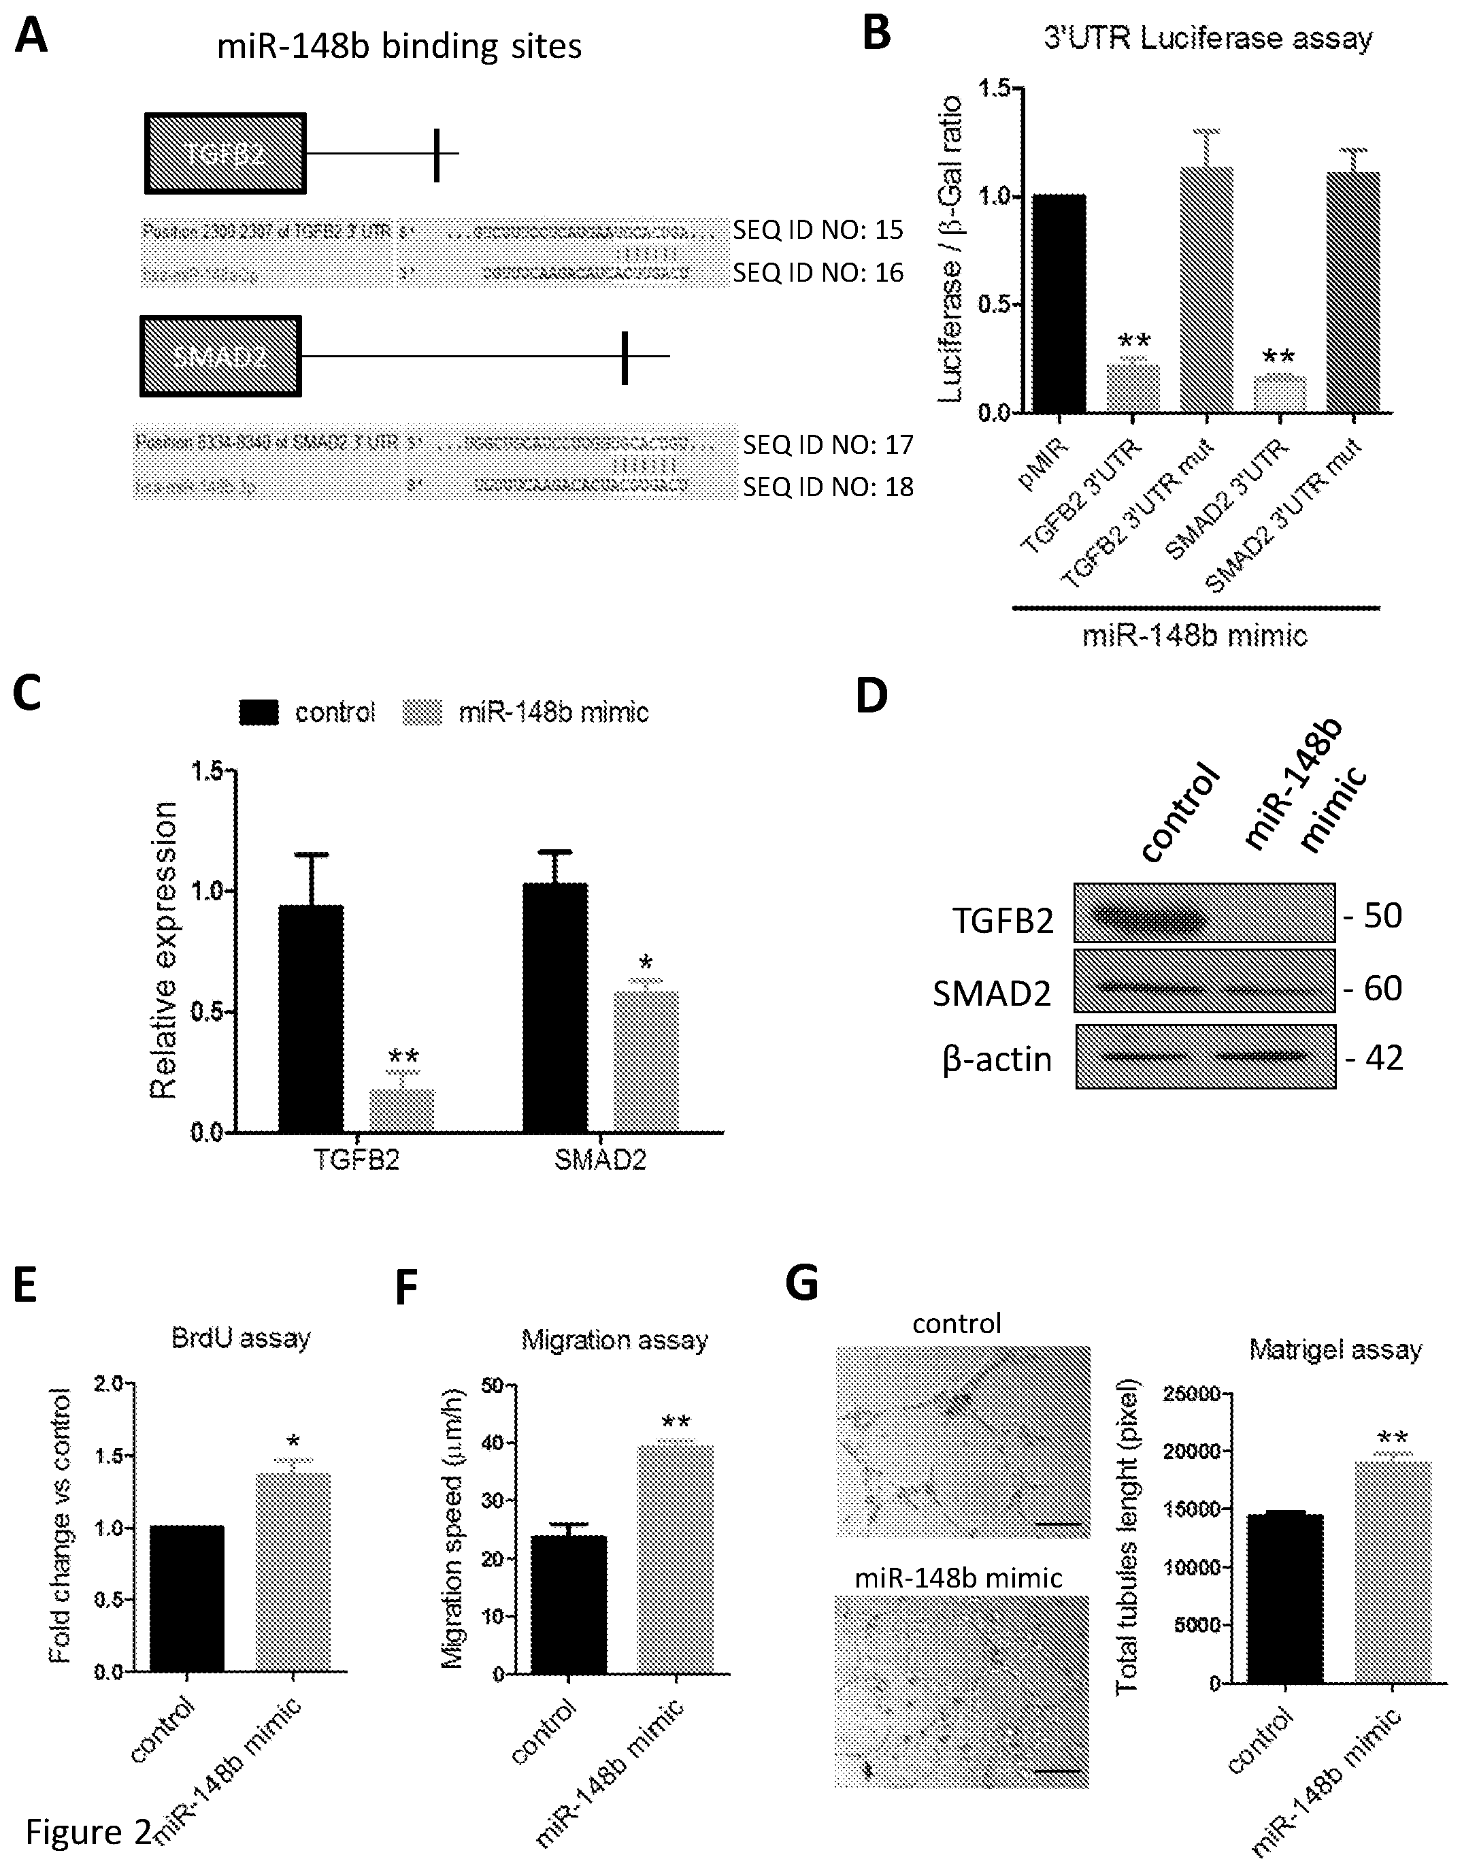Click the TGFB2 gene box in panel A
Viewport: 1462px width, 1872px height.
tap(225, 152)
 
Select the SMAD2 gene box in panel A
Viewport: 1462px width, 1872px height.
tap(220, 356)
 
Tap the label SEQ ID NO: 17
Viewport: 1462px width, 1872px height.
tap(828, 445)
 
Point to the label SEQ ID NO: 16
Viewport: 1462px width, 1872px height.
tap(818, 273)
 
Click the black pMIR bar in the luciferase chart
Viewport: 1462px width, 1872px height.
tap(1059, 303)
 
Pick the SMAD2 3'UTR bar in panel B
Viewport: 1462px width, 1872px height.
tap(1280, 394)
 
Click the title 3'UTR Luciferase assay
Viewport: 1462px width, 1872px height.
tap(1208, 39)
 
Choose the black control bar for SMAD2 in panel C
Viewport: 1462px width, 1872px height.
tap(555, 1007)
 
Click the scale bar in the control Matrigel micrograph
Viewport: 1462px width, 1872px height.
tap(1060, 1525)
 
